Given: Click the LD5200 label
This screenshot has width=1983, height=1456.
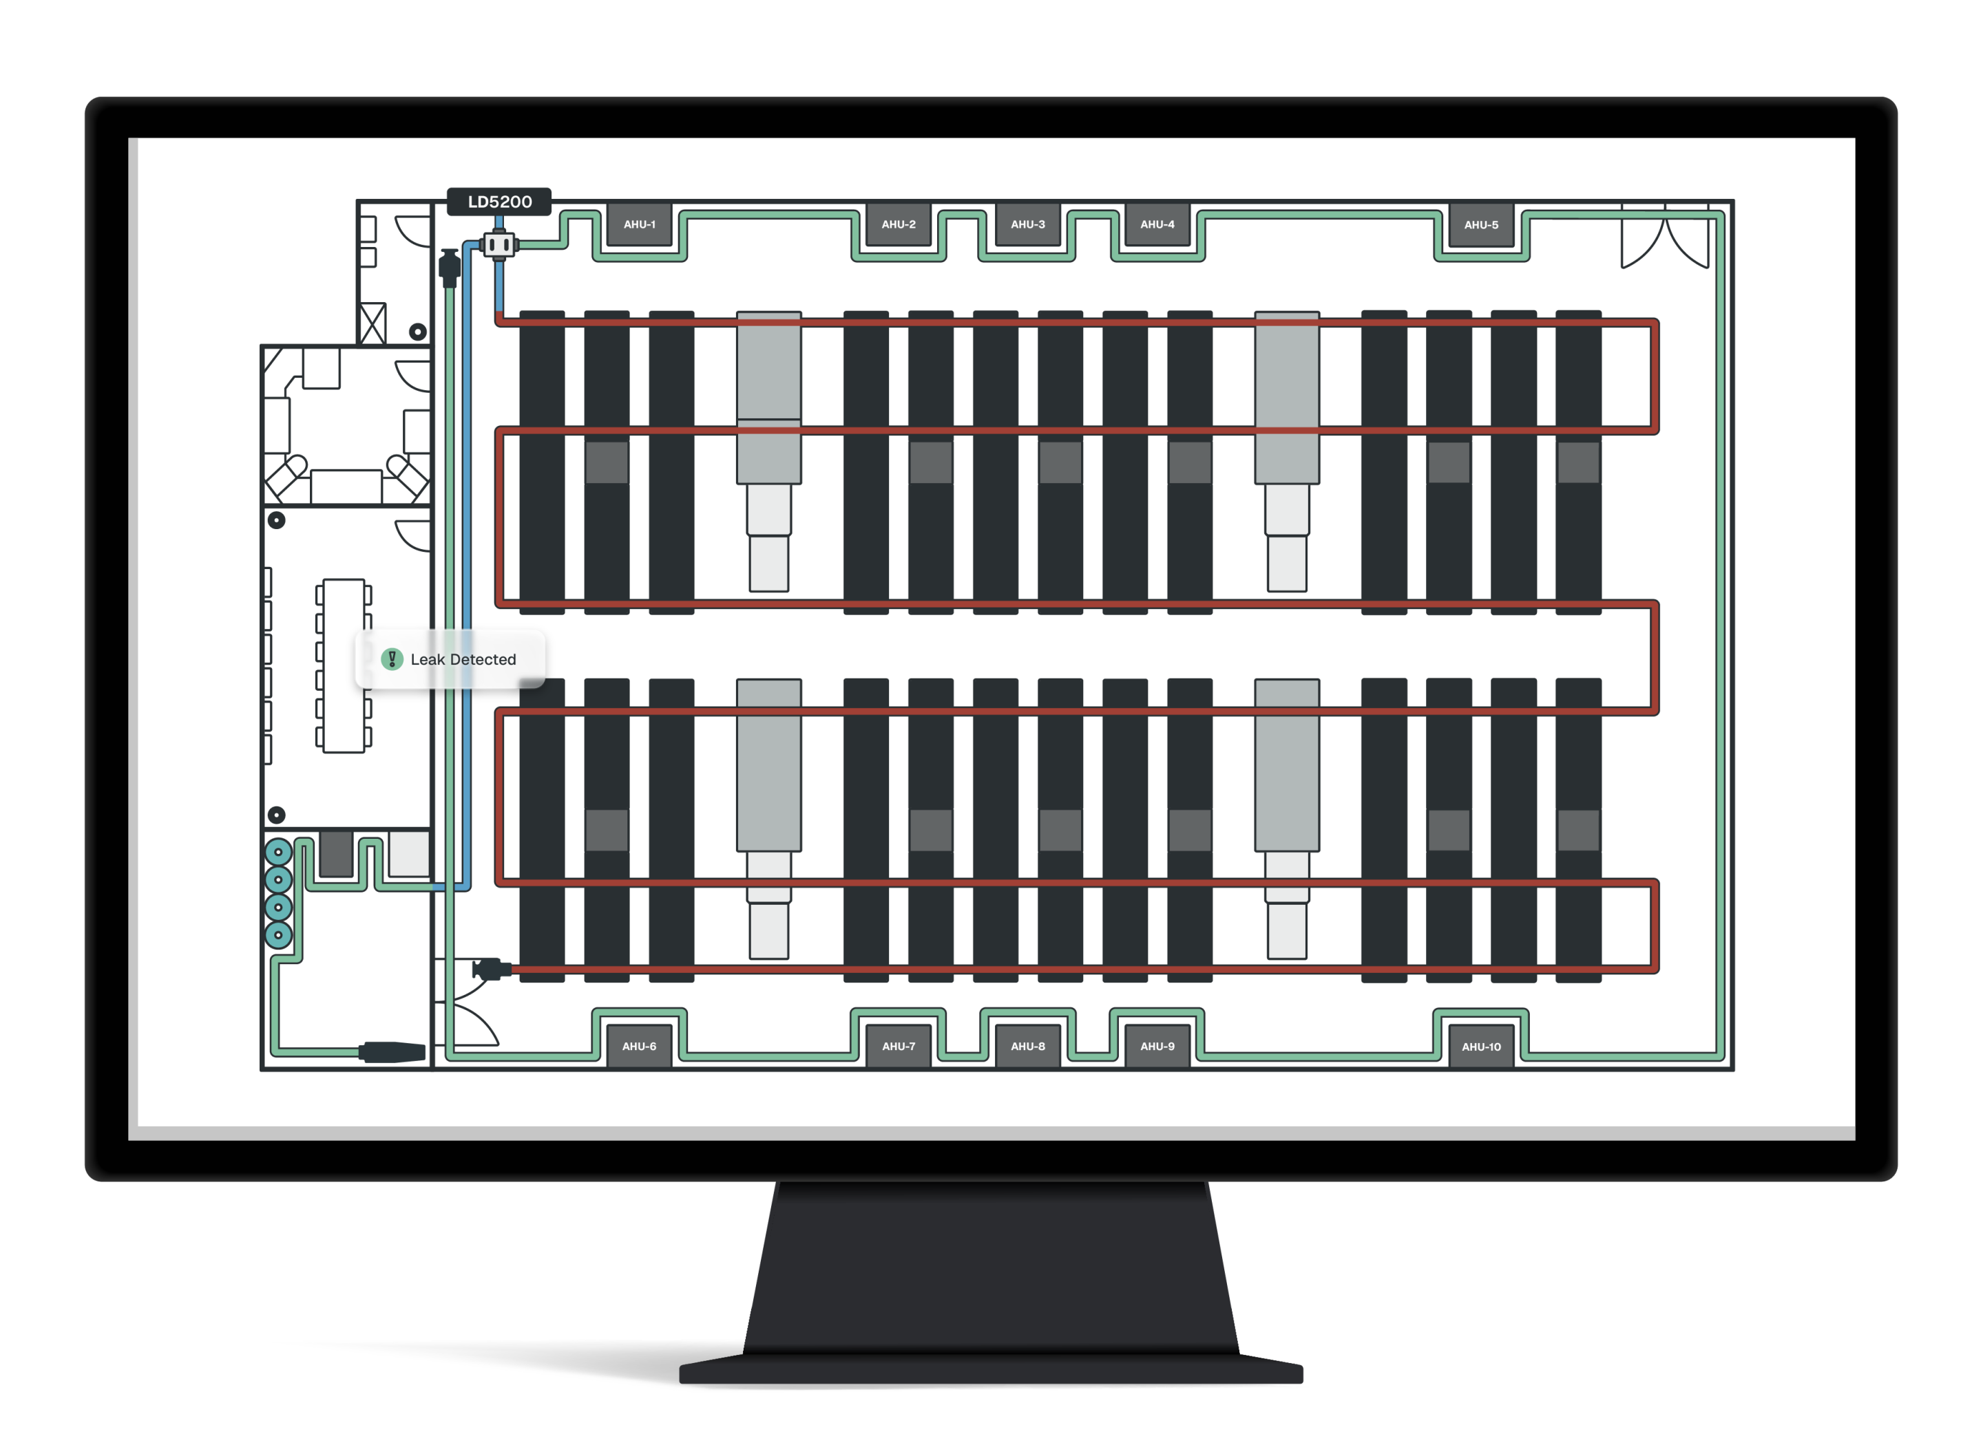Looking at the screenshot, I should pyautogui.click(x=499, y=202).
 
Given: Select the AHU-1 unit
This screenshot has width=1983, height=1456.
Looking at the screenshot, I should pyautogui.click(x=639, y=225).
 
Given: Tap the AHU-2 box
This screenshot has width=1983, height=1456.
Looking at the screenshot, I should pyautogui.click(x=899, y=225).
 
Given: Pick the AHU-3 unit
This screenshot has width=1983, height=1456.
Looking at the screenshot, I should pyautogui.click(x=1028, y=225).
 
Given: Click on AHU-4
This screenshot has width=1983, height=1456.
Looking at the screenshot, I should pyautogui.click(x=1157, y=225).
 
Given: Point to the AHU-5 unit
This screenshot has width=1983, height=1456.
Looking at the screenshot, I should pyautogui.click(x=1481, y=225).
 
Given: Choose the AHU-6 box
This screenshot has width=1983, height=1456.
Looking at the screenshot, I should pyautogui.click(x=639, y=1046).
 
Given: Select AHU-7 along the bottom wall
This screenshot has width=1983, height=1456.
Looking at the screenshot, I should pyautogui.click(x=899, y=1046).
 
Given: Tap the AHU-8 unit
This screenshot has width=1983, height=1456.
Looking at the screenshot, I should pyautogui.click(x=1028, y=1046).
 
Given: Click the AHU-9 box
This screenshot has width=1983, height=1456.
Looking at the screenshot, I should pyautogui.click(x=1157, y=1046).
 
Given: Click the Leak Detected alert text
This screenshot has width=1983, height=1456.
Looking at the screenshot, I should pyautogui.click(x=463, y=659).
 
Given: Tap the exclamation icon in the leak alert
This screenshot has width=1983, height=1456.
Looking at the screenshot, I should pyautogui.click(x=392, y=659).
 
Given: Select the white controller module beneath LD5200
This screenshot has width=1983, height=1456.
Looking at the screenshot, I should pyautogui.click(x=499, y=244).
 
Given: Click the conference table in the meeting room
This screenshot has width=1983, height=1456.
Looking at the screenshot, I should pyautogui.click(x=344, y=665).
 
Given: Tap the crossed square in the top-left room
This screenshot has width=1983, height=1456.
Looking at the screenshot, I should pyautogui.click(x=373, y=323).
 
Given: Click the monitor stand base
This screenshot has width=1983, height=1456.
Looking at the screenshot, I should pyautogui.click(x=991, y=1371).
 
